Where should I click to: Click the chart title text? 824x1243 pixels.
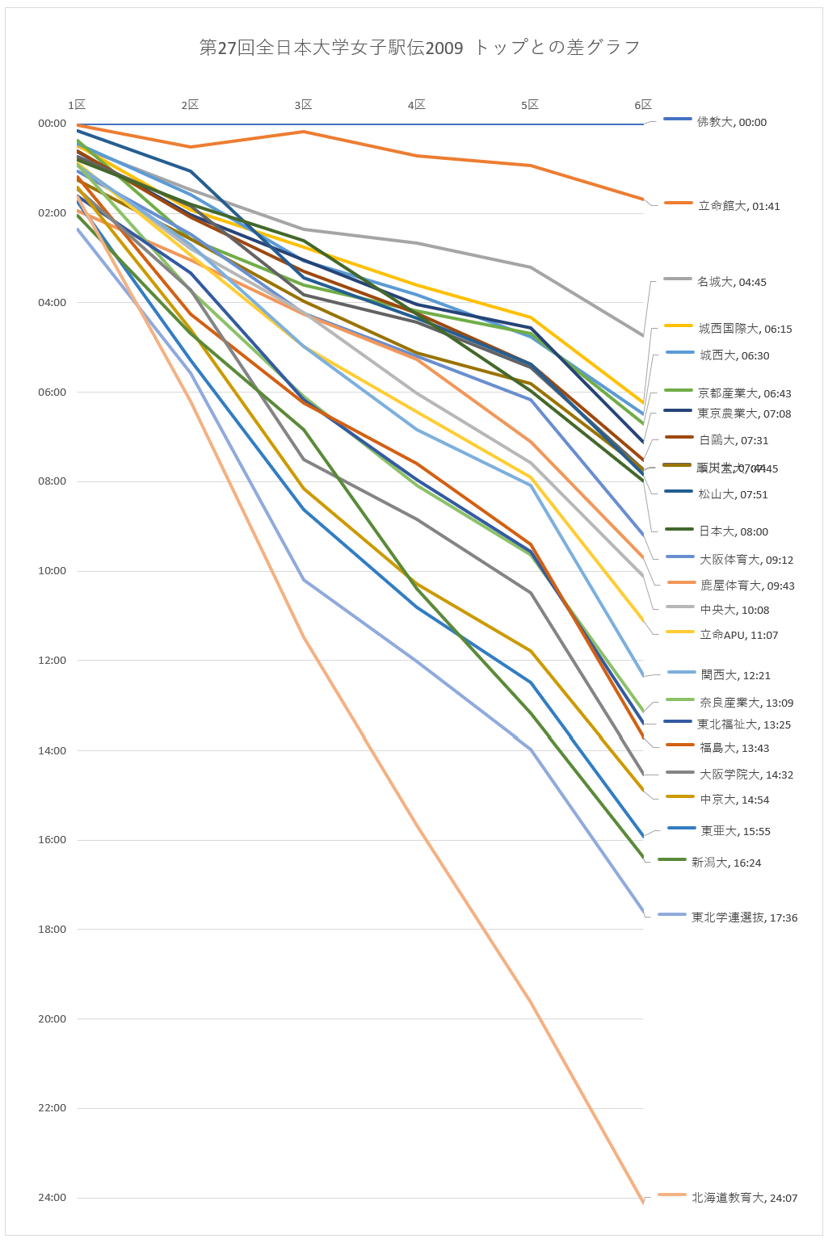click(x=419, y=48)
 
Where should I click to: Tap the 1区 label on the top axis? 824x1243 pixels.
click(x=77, y=105)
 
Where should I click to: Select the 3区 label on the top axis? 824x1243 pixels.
click(x=303, y=105)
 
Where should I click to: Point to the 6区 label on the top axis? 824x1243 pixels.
click(x=643, y=105)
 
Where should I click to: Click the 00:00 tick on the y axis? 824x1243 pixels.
click(x=52, y=124)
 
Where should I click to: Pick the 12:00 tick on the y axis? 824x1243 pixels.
click(x=52, y=661)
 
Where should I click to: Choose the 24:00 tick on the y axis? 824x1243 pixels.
click(x=52, y=1198)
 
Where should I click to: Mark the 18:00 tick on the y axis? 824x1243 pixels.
click(x=52, y=930)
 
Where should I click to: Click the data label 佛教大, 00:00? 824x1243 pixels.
click(x=731, y=123)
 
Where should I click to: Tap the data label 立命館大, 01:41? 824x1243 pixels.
click(x=738, y=207)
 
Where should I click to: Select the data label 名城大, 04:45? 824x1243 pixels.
click(x=731, y=283)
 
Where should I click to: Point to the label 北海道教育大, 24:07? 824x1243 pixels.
click(x=744, y=1199)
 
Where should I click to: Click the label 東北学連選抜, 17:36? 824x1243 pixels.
click(x=744, y=918)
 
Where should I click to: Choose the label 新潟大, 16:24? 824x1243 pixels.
click(x=725, y=863)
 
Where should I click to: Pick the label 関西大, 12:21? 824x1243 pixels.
click(x=735, y=676)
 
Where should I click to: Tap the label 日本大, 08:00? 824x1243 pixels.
click(x=733, y=532)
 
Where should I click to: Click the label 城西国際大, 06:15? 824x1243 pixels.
click(x=745, y=330)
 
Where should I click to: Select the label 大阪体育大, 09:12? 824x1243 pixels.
click(x=746, y=561)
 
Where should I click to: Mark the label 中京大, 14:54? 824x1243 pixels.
click(x=734, y=800)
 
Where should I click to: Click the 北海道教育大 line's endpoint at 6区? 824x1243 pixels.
click(x=643, y=1203)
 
